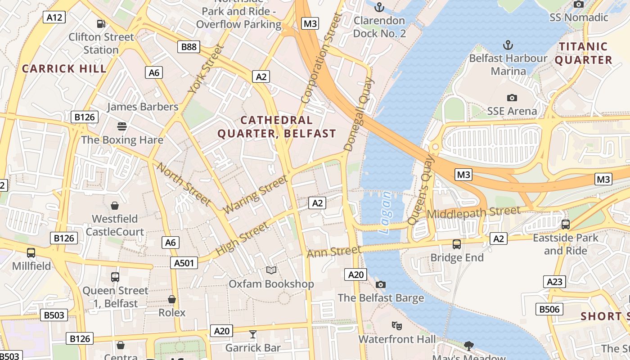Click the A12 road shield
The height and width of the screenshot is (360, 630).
coord(54,18)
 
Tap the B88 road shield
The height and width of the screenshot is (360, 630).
coord(189,46)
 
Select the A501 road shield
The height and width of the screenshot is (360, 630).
coord(184,263)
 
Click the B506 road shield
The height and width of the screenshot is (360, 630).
coord(549,309)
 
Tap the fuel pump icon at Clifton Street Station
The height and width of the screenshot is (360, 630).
coord(101,24)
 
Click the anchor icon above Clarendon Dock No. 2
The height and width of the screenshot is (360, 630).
coord(379,7)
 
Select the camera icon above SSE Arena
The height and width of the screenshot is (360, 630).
coord(512,98)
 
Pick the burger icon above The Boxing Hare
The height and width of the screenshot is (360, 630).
coord(121,126)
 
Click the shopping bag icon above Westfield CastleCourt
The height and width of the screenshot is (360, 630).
coord(115,206)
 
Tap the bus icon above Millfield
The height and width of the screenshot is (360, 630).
coord(31,253)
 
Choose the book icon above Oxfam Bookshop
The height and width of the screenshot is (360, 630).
coord(271,270)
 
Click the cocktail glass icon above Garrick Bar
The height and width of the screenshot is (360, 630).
coord(253,334)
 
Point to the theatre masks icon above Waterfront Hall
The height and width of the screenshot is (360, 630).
coord(396,325)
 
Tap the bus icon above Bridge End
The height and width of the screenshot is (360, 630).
coord(456,244)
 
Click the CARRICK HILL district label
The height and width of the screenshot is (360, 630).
coord(64,69)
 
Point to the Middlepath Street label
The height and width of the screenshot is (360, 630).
coord(473,211)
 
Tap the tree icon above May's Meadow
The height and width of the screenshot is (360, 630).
coord(468,346)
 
